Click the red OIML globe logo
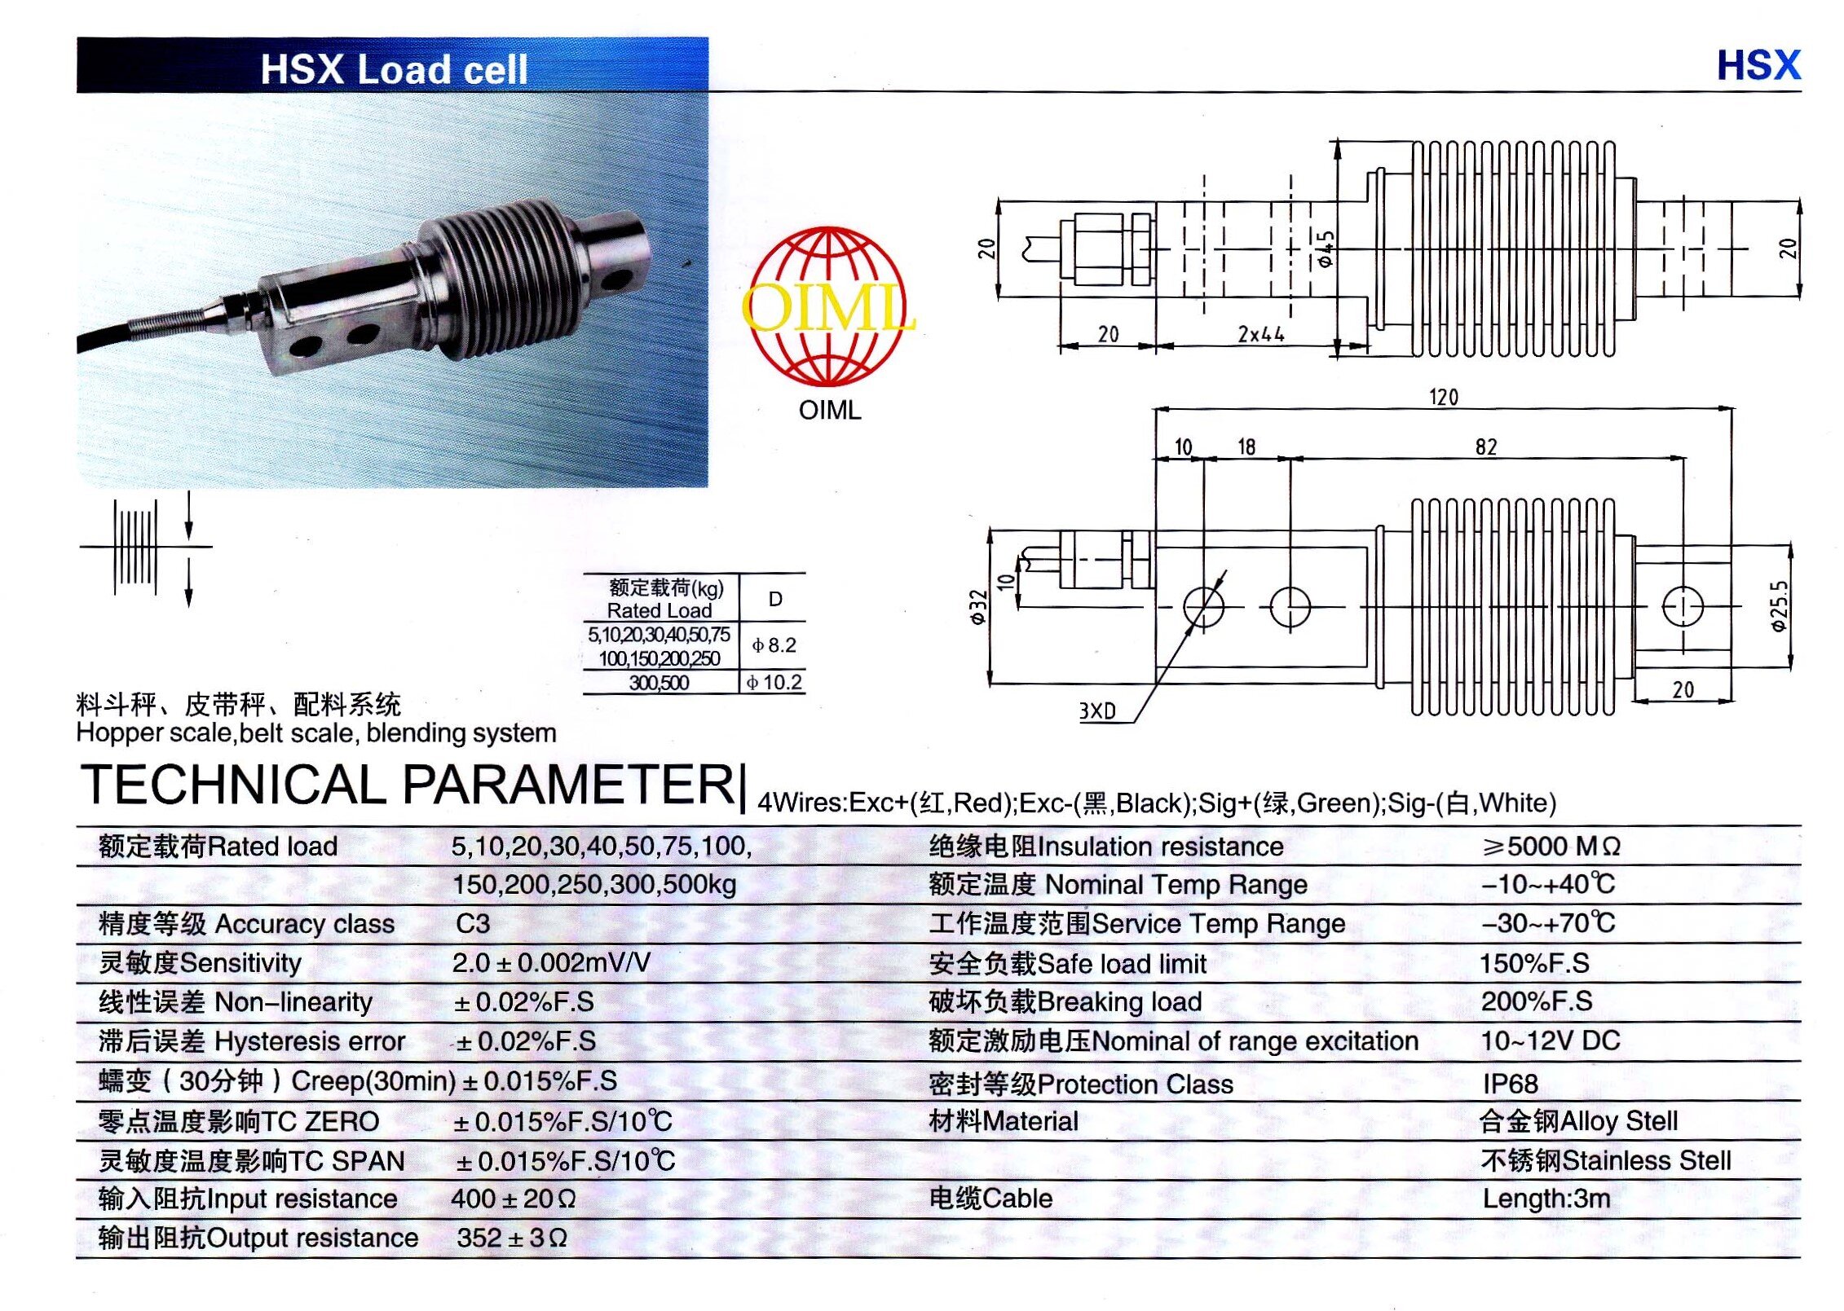coord(828,306)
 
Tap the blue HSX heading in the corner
coord(1758,65)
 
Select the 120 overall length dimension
coord(1444,397)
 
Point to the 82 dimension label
coord(1486,447)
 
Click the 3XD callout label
coord(1097,710)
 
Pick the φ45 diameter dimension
coord(1326,249)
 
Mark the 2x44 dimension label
coord(1261,334)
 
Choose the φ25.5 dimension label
coord(1779,605)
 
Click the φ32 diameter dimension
coord(979,606)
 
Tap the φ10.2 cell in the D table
coord(774,682)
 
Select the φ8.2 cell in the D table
coord(774,645)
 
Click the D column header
coord(775,599)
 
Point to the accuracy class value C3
coord(473,923)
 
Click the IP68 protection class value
coord(1511,1084)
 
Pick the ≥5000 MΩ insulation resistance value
coord(1551,847)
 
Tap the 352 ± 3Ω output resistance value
coord(512,1238)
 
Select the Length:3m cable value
coord(1546,1199)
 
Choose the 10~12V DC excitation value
coord(1551,1040)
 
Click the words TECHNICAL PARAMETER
coord(408,784)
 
